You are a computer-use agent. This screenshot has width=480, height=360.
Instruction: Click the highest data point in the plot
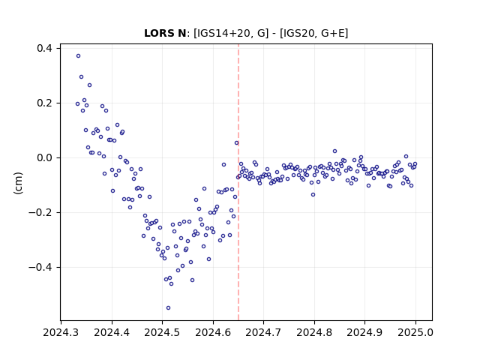coord(78,56)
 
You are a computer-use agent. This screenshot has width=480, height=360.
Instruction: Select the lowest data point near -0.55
coord(168,308)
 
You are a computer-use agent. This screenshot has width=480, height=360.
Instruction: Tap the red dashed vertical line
coord(238,182)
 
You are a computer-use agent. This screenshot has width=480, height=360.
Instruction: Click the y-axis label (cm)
coord(18,183)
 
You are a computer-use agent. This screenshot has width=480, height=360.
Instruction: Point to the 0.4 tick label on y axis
coord(44,48)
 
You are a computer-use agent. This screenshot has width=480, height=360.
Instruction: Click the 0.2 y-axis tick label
coord(44,103)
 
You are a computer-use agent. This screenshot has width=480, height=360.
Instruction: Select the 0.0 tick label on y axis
coord(44,158)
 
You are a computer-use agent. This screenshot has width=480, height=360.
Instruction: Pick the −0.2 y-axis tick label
coord(40,212)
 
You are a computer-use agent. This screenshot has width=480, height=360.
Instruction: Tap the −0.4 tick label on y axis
coord(40,267)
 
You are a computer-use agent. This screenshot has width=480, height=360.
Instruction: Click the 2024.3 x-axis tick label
coord(61,332)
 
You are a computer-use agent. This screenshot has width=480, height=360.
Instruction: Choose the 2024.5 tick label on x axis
coord(162,332)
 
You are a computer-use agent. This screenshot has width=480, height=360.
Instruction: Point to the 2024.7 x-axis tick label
coord(263,332)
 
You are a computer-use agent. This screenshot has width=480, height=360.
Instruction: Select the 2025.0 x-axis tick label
coord(415,332)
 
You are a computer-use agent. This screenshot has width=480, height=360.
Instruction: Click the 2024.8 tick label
coord(314,332)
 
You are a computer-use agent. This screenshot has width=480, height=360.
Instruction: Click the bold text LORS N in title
coord(165,33)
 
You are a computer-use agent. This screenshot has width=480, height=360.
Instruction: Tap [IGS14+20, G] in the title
coord(231,33)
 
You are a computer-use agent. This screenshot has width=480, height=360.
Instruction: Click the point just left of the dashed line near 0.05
coord(237,143)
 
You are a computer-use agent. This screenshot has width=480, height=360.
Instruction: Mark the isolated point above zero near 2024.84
coord(335,151)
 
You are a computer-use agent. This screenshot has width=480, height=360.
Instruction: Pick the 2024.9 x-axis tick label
coord(364,332)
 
